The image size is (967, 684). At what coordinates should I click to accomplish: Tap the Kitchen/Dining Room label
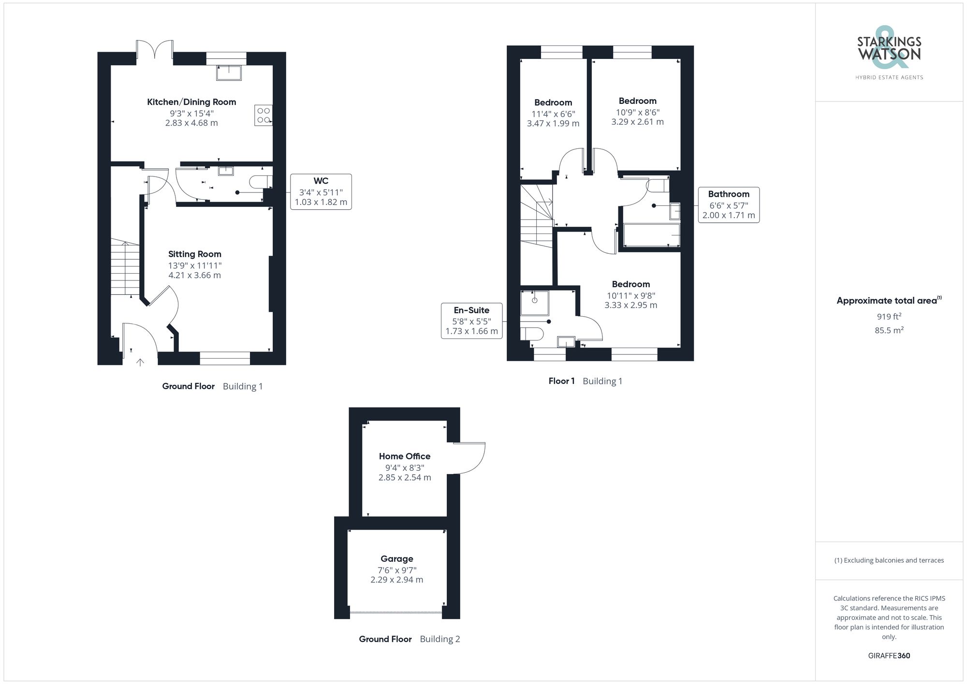point(191,102)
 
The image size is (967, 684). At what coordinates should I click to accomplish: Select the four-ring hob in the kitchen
point(264,115)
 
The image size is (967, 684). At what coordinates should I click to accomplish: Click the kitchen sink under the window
point(229,73)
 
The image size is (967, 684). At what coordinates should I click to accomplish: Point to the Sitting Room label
point(194,254)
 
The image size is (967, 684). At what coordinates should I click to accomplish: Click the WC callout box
point(321,191)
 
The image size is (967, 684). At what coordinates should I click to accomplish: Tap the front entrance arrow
point(140,362)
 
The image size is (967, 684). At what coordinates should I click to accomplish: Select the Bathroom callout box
point(728,204)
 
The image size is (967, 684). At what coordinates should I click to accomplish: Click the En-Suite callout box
point(471,320)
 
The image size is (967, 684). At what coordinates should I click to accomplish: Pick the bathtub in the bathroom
point(651,235)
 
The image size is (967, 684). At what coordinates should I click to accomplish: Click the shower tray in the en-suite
point(534,303)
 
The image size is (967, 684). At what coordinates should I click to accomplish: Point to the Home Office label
point(404,456)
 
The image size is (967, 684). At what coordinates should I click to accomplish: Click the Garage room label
point(396,559)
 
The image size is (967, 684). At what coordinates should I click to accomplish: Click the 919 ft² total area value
point(889,317)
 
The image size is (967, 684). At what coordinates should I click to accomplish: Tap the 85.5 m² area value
point(889,331)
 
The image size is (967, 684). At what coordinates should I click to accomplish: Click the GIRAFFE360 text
point(889,656)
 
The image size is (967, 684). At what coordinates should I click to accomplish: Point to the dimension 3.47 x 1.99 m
point(553,124)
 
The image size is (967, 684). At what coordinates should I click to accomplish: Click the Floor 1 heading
point(561,381)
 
